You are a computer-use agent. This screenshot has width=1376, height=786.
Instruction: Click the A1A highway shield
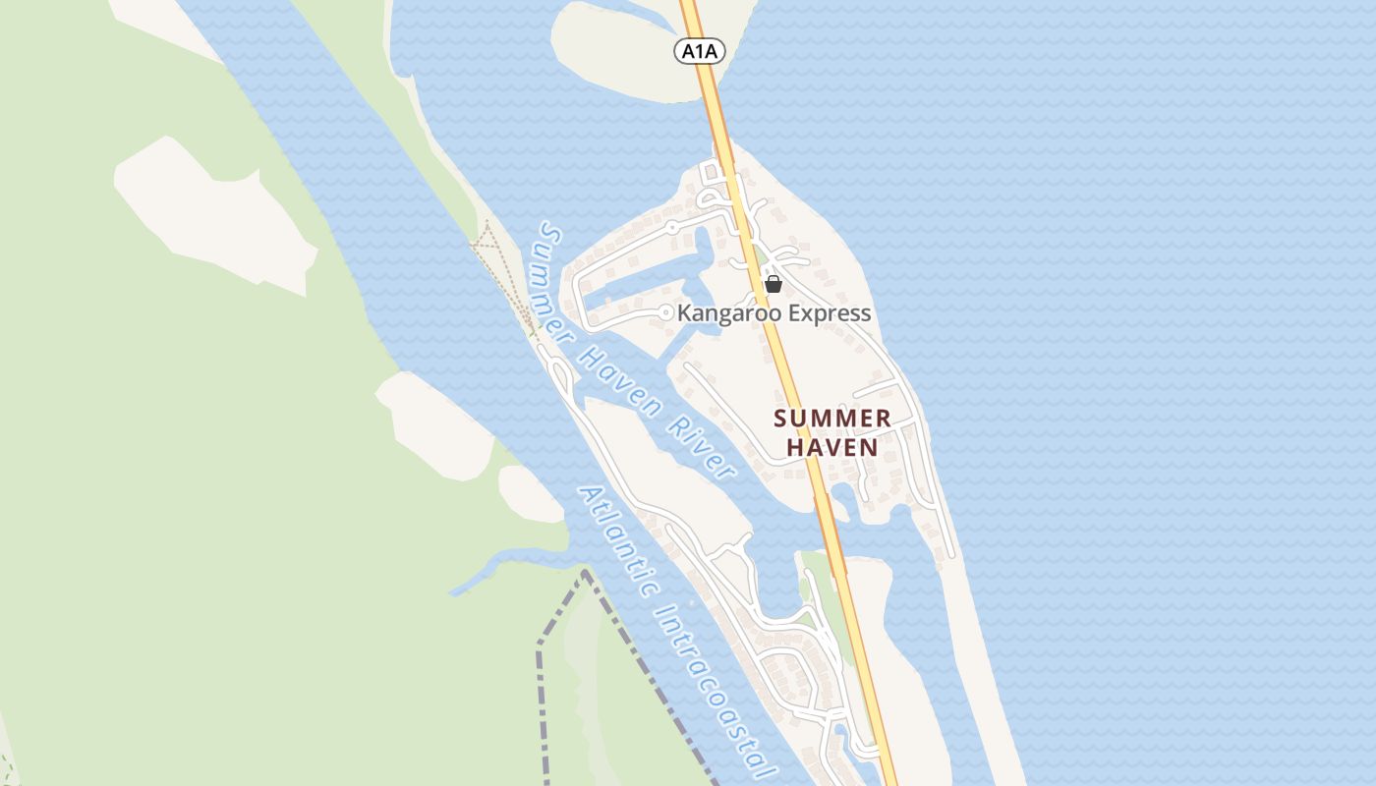click(700, 51)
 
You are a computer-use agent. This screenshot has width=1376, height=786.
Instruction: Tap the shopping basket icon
click(774, 284)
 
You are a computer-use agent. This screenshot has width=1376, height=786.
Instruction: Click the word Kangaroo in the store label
click(725, 313)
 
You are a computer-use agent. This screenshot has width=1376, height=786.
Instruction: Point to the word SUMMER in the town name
click(831, 419)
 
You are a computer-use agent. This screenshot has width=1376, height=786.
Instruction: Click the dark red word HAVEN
click(831, 447)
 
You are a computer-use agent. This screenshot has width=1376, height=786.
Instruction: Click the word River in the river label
click(702, 447)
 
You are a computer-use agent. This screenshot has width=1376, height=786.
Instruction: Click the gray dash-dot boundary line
click(539, 688)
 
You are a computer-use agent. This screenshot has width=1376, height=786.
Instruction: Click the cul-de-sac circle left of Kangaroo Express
click(666, 312)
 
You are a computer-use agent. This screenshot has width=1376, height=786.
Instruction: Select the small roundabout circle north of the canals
click(672, 227)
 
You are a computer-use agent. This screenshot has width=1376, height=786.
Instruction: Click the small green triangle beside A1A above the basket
click(763, 257)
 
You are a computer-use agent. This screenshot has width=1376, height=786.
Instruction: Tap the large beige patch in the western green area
click(211, 211)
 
